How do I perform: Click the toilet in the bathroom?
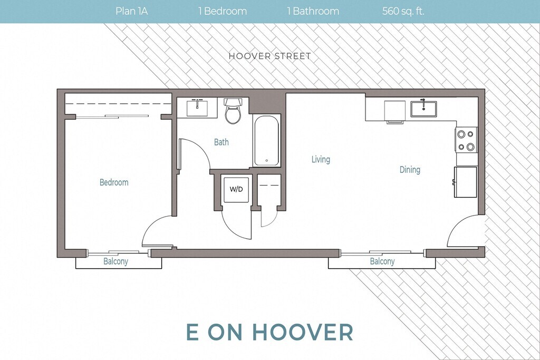(233, 111)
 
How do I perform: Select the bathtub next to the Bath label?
(266, 140)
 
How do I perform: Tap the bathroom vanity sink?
(197, 108)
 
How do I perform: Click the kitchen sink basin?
(423, 109)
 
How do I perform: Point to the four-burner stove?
(466, 139)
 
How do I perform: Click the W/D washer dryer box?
(236, 189)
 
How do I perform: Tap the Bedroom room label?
(114, 182)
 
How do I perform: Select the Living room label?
(321, 159)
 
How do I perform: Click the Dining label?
(410, 170)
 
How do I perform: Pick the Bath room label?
(221, 142)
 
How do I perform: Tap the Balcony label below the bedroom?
(115, 261)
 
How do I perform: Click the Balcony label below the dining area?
(382, 261)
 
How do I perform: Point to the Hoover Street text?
(270, 56)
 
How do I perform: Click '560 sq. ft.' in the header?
(403, 11)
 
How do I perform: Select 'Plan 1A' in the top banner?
(131, 11)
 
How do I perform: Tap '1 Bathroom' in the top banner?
(313, 11)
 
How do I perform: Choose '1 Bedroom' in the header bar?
(223, 11)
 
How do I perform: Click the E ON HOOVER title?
(269, 332)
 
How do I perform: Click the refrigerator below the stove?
(465, 182)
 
